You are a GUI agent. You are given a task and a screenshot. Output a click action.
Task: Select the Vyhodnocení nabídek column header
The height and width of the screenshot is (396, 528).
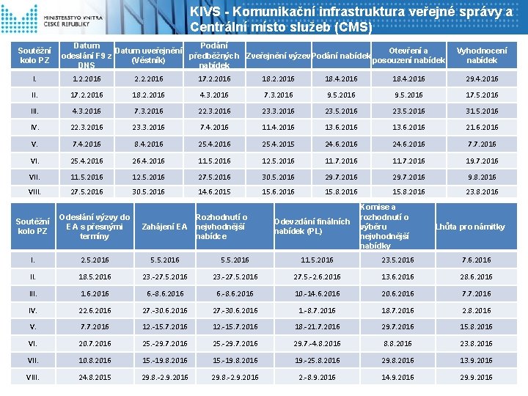pos(481,55)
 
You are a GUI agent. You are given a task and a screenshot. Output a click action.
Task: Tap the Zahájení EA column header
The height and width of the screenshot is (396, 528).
pos(164,226)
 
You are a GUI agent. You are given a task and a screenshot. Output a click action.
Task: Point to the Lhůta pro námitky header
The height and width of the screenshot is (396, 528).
pos(470,226)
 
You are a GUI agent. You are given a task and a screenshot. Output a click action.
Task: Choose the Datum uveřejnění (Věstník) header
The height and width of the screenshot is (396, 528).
pos(150,55)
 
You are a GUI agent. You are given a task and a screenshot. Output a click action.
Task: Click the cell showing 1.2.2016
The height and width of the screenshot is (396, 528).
pos(87,78)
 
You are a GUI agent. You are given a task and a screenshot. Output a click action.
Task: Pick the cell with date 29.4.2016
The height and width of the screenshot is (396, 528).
pos(482,78)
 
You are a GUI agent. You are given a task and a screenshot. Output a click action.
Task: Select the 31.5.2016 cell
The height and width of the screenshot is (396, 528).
pos(482,111)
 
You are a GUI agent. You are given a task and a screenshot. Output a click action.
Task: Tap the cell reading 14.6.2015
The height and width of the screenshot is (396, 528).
pos(214,191)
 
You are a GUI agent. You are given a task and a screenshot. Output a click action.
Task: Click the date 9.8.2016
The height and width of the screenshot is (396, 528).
pos(482,177)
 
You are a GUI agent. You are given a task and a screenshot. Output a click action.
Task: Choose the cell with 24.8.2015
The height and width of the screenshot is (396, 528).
pos(95,377)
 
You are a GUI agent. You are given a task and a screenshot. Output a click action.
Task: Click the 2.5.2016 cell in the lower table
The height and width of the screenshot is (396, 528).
pos(95,260)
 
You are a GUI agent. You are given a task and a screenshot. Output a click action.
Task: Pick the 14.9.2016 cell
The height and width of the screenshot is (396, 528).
pos(397,377)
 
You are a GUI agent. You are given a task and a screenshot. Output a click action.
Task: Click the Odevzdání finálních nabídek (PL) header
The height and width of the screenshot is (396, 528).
pos(308,226)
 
